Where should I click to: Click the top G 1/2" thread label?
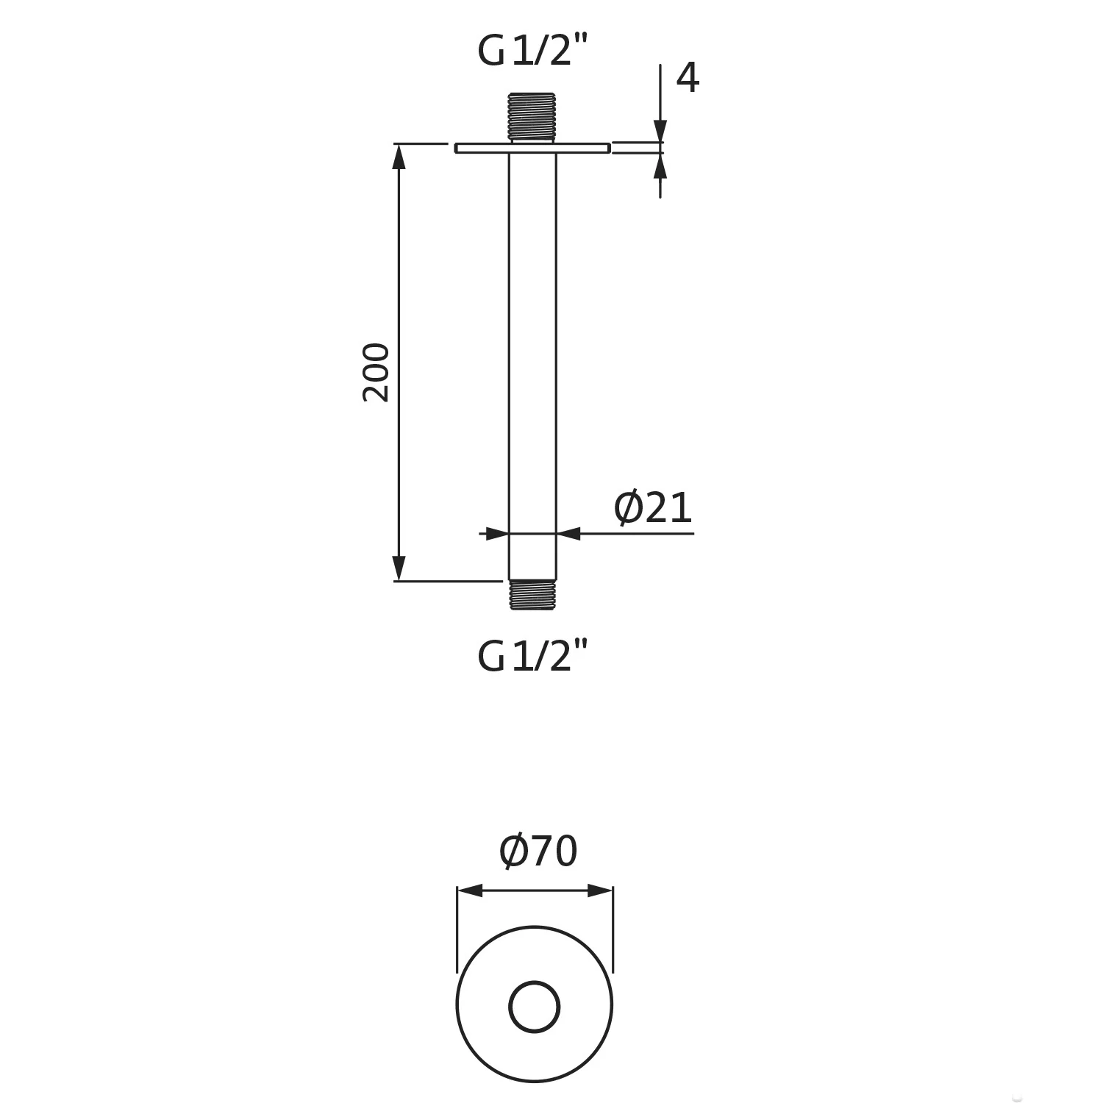pos(533,51)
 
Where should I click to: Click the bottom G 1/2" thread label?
pos(533,656)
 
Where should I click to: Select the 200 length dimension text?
pos(376,372)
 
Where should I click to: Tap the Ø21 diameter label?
pos(653,508)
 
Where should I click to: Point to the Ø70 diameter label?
pos(538,851)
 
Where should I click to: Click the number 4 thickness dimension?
pos(687,78)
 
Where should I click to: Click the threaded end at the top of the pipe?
pos(532,116)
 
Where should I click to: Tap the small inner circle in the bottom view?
pos(535,1007)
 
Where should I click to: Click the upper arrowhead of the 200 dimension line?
pos(399,156)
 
